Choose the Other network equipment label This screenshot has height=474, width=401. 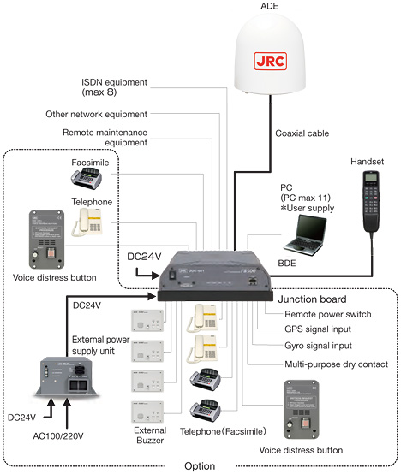pos(94,114)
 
